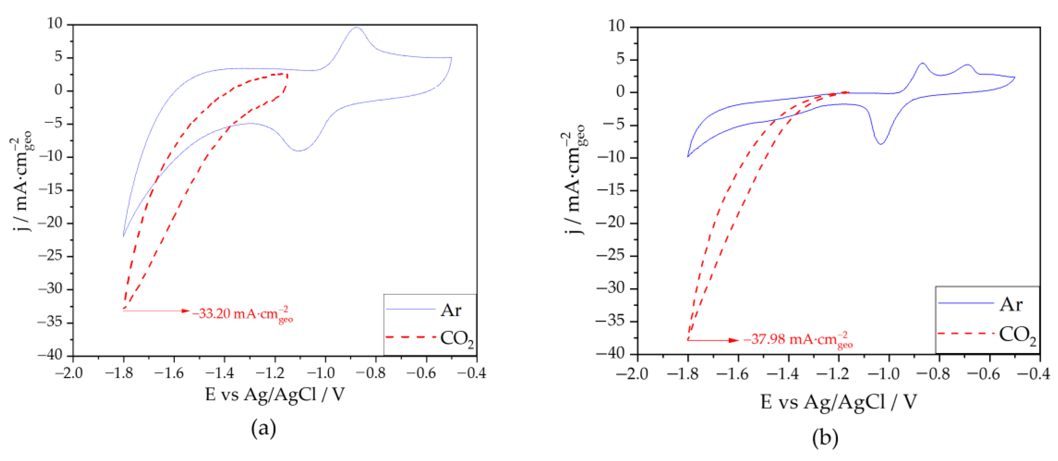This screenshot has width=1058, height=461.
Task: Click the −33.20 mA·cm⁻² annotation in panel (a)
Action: [x=242, y=314]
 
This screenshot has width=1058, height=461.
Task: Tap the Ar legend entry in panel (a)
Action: [x=451, y=310]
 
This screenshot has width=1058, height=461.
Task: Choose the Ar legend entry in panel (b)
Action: [x=1010, y=304]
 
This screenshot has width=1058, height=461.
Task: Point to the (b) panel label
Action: [x=825, y=438]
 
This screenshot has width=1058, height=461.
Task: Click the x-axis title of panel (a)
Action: [x=275, y=395]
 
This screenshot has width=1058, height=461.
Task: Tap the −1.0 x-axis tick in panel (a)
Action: [x=325, y=373]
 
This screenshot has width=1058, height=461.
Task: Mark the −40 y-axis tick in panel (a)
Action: [x=50, y=355]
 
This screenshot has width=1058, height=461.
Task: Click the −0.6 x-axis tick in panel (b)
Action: [x=989, y=374]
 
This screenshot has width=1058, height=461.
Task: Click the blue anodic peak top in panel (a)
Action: [x=356, y=27]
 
